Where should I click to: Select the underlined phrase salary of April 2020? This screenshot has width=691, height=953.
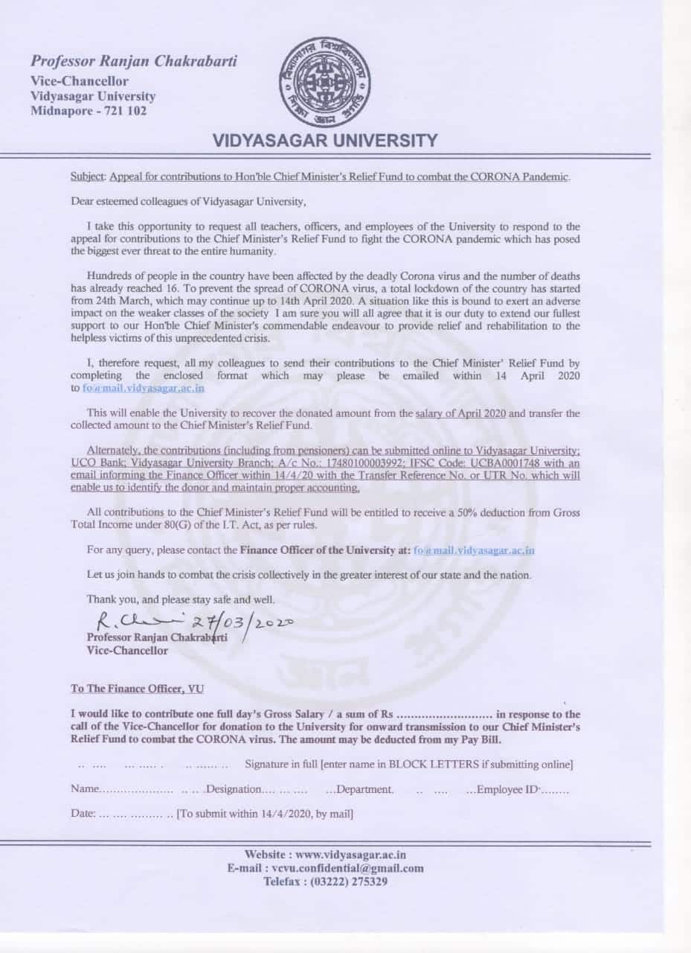[x=461, y=412]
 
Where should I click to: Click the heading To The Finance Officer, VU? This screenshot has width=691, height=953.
[x=137, y=689]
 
